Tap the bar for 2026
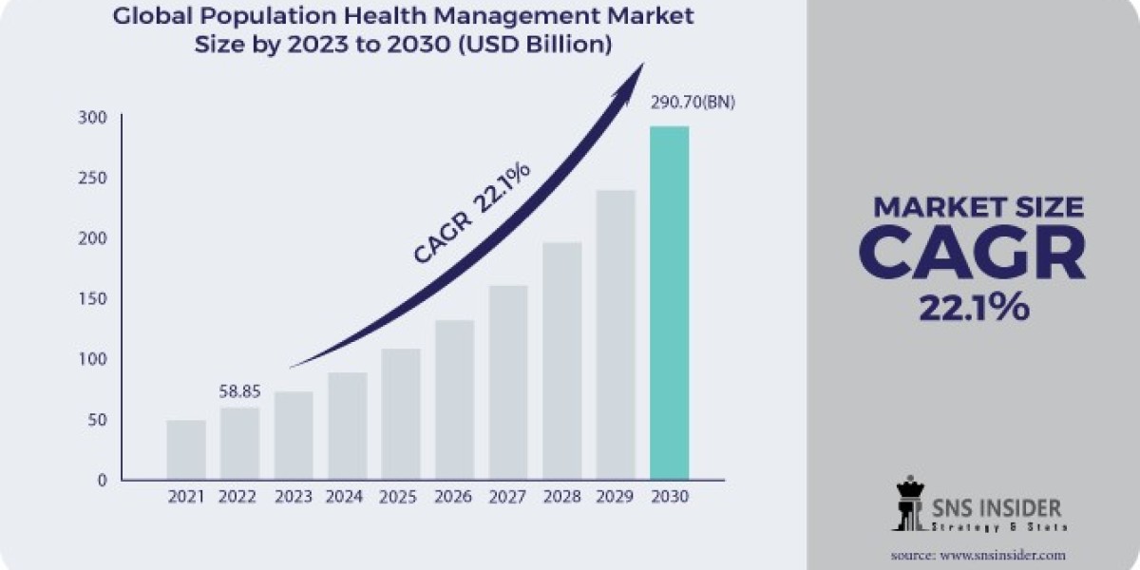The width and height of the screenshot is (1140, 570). click(454, 399)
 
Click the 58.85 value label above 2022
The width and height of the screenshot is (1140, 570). click(239, 390)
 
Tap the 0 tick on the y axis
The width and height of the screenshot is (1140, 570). click(102, 481)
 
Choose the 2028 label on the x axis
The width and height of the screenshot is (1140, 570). click(561, 497)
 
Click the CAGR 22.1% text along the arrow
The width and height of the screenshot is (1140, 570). click(471, 214)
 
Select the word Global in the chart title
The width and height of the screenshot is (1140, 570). click(145, 16)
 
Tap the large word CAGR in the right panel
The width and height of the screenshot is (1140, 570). click(974, 253)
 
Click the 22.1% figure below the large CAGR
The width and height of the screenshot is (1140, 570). click(974, 308)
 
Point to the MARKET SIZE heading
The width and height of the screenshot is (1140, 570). click(978, 206)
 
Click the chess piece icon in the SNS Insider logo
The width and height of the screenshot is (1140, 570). click(907, 504)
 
